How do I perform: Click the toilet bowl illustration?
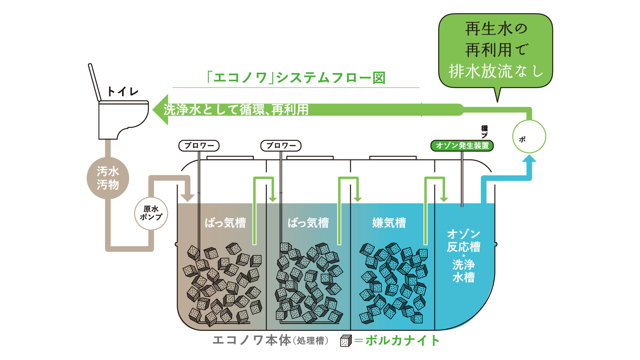tap(122, 119)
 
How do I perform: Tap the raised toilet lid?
tap(94, 82)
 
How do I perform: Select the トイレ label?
tap(122, 92)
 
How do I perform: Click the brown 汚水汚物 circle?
tap(108, 178)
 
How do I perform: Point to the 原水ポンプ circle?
tap(151, 213)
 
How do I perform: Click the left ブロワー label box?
tap(199, 146)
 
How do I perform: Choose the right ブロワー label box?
tap(281, 146)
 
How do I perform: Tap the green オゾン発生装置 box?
tap(462, 146)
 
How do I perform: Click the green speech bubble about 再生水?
tap(495, 51)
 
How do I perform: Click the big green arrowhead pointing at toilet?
tap(161, 110)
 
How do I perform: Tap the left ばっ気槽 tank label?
tap(225, 223)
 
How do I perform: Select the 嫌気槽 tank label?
tap(389, 223)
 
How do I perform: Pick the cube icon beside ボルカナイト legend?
tap(346, 341)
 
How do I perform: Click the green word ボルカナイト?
tap(402, 341)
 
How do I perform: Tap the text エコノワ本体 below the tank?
tap(252, 341)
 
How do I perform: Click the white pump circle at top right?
tap(529, 136)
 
